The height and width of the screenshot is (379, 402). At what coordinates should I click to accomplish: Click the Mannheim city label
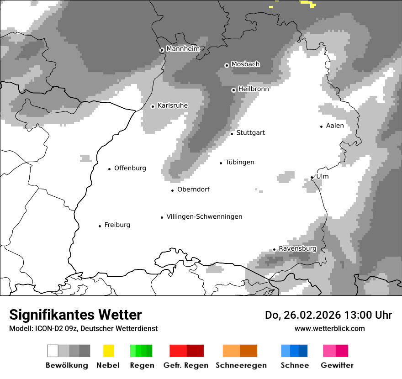click(x=183, y=49)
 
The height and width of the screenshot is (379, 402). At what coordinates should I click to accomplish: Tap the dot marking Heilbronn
click(x=233, y=90)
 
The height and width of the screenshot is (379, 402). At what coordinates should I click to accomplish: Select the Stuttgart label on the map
click(x=251, y=133)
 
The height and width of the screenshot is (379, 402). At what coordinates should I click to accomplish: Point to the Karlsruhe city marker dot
click(x=153, y=106)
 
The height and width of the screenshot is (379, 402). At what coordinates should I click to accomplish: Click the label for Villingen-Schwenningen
click(x=204, y=217)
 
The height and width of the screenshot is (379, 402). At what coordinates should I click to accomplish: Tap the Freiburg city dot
click(x=100, y=226)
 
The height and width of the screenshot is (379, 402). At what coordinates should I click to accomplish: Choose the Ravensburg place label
click(x=297, y=249)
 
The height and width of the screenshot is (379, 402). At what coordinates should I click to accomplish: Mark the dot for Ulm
click(x=312, y=177)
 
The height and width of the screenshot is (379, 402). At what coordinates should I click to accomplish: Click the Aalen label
click(x=335, y=126)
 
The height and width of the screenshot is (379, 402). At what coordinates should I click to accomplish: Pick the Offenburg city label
click(x=130, y=168)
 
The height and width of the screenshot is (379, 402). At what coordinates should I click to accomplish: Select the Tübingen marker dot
click(x=221, y=163)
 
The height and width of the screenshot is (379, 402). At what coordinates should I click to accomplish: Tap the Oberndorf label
click(x=193, y=189)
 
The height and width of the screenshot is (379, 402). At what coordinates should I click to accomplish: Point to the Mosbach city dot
click(x=227, y=65)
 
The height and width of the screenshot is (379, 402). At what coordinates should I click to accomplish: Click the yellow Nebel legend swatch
click(x=109, y=351)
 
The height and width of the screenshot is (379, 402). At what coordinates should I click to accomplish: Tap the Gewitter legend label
click(x=337, y=365)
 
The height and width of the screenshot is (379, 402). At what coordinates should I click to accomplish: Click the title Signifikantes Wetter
click(x=75, y=315)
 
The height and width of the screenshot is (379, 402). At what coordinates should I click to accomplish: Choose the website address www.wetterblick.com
click(x=330, y=328)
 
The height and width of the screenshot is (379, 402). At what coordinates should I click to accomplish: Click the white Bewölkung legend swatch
click(x=53, y=351)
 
